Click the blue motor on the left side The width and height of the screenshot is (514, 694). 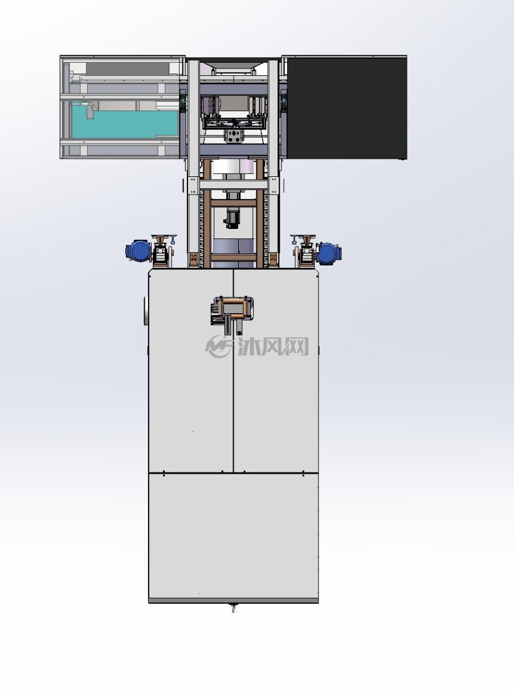coord(139,251)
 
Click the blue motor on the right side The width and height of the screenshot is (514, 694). coord(330,253)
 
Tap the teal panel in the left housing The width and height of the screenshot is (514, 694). coord(125,124)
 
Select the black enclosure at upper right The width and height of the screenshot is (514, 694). coord(347,107)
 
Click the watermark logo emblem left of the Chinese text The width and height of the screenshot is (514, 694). coord(219,346)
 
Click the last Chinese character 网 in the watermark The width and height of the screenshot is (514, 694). coord(296,346)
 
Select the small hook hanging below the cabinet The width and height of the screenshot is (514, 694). coord(233,609)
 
